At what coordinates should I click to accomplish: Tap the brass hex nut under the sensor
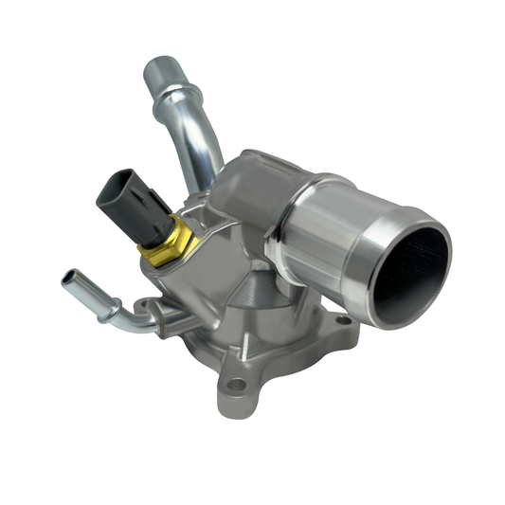click(x=166, y=242)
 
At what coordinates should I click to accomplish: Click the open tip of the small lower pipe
click(x=68, y=280)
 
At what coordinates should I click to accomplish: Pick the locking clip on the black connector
click(x=143, y=194)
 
